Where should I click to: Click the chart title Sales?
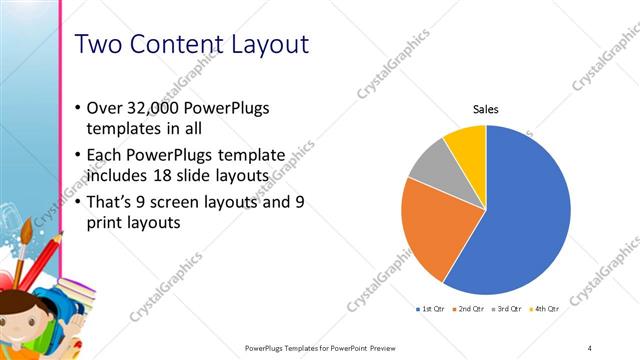point(485,109)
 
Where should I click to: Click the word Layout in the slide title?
point(264,45)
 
